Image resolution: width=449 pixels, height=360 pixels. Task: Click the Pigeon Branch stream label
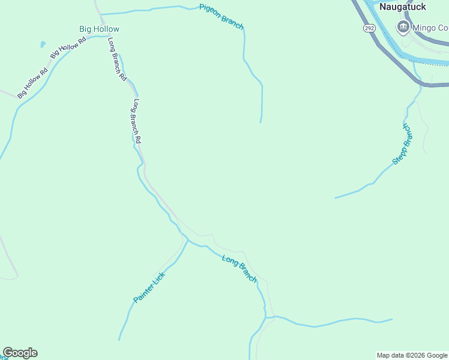(221, 16)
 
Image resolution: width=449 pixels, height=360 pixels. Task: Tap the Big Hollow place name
(99, 29)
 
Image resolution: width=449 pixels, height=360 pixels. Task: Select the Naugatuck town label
(403, 7)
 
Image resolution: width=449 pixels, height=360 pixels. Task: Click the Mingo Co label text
(430, 28)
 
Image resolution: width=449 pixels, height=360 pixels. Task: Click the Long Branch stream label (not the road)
(240, 269)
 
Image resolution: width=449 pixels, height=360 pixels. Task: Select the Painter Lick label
(149, 287)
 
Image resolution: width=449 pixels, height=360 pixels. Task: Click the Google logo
(20, 353)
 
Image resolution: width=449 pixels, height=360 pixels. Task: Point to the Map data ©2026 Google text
(412, 355)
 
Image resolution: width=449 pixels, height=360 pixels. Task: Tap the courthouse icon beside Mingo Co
(403, 27)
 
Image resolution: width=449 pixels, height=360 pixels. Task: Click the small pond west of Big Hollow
(43, 44)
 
